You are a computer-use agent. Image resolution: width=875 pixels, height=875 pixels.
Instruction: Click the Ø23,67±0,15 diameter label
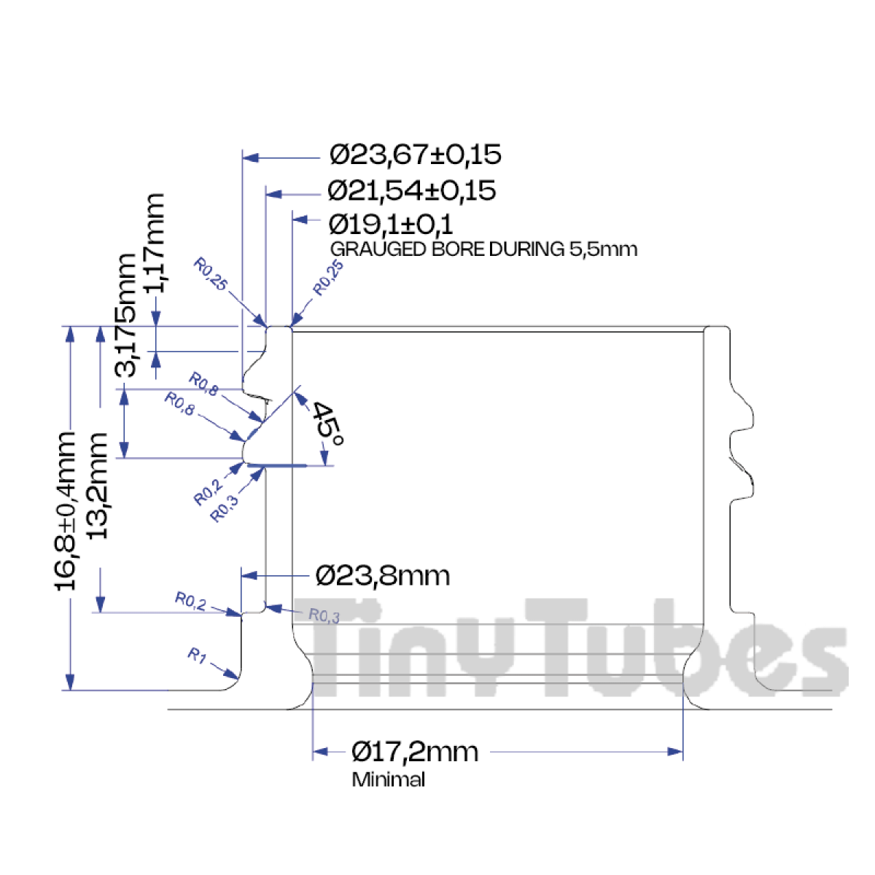415,155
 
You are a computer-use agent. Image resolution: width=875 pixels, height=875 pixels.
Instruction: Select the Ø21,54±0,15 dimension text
411,191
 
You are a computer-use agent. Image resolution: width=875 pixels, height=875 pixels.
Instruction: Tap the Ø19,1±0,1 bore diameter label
391,225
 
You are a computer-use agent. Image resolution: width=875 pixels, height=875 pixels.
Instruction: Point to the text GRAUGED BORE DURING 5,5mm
483,249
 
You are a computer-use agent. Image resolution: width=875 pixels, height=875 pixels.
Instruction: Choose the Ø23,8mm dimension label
382,576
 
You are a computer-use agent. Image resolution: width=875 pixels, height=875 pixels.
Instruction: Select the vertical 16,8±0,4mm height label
65,511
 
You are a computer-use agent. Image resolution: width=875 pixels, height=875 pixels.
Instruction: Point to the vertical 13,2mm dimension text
97,486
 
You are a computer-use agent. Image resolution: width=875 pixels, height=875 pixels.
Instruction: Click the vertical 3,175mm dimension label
125,315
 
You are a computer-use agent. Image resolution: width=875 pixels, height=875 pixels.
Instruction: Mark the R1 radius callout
197,656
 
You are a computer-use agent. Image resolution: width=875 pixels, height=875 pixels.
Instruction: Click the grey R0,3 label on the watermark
324,615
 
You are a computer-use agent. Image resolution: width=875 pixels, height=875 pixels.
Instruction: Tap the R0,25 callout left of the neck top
210,274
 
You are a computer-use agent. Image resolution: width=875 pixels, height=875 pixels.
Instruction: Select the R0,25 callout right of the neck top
329,277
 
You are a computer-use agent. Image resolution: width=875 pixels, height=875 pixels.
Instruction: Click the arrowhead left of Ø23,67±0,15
250,157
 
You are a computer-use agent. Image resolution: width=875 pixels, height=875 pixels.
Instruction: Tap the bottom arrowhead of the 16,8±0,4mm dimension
69,682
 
